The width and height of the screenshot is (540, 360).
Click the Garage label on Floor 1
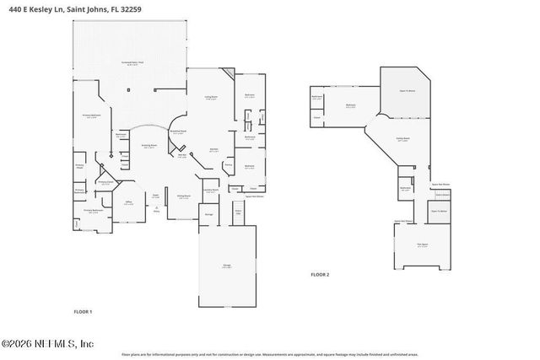226,265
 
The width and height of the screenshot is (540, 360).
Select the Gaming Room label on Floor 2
403,138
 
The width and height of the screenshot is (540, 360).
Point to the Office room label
129,201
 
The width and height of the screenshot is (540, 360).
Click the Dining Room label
184,197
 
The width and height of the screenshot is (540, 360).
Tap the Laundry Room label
214,191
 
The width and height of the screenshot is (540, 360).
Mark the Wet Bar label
181,154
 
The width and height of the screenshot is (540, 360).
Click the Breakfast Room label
178,131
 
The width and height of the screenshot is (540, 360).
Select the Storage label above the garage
208,214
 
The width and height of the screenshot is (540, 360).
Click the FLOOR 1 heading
83,312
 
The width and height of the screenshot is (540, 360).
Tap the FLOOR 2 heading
320,275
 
